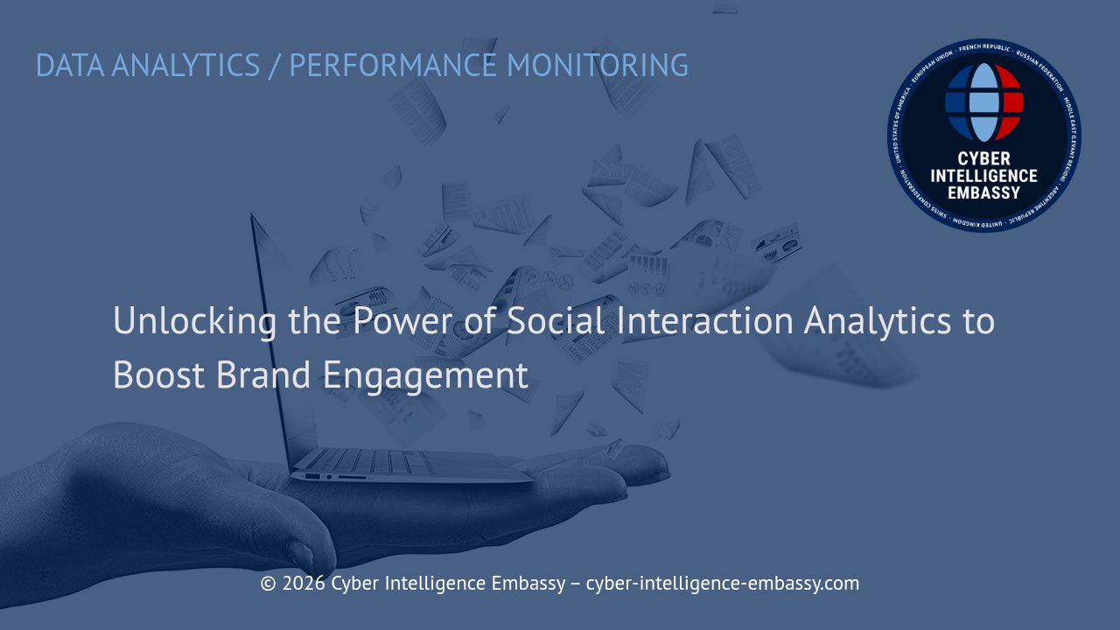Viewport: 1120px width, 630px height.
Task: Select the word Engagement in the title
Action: [x=426, y=375]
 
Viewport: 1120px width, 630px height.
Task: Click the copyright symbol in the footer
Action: [x=268, y=584]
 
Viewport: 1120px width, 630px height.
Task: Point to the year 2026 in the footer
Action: [x=303, y=584]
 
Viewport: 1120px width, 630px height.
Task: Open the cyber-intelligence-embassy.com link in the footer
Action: [x=722, y=584]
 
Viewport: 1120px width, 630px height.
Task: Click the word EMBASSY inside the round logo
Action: [x=984, y=192]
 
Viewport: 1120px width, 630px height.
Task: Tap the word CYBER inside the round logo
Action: [x=984, y=159]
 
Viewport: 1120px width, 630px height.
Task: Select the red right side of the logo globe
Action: [x=1011, y=101]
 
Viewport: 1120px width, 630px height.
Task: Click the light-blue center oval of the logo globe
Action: [x=984, y=102]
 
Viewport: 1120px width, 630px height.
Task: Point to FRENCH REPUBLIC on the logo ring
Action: [x=984, y=47]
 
